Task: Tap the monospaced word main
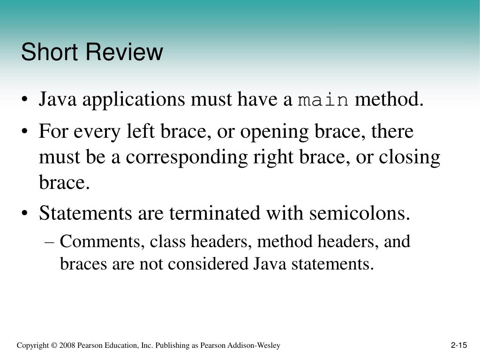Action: coord(323,99)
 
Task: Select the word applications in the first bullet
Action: coord(134,100)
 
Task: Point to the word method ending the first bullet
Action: coord(389,99)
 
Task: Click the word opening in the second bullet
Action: coord(274,132)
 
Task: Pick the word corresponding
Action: coord(187,158)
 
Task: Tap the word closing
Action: coord(410,158)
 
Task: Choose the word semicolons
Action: coord(360,213)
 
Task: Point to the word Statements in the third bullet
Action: coord(85,213)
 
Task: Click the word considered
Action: coord(208,263)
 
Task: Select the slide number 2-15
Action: coord(459,345)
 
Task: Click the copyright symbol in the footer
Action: coord(54,345)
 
